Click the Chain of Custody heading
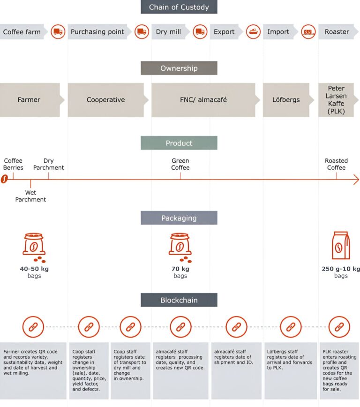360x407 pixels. point(179,7)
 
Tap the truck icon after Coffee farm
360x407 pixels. point(58,32)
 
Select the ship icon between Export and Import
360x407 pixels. point(253,32)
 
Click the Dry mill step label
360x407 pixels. point(168,32)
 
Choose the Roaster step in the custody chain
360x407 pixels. point(337,32)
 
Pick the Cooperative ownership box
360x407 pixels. point(106,100)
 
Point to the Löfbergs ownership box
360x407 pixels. point(285,100)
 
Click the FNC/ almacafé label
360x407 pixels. point(203,100)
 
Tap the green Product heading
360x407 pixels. point(179,143)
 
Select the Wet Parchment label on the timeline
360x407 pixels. point(30,196)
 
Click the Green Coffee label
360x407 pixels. point(180,164)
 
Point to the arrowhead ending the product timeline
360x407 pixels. point(356,180)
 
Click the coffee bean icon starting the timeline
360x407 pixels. point(4,180)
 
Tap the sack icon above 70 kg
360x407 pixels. point(180,247)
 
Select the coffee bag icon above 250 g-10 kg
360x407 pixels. point(341,245)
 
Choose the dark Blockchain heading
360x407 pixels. point(179,300)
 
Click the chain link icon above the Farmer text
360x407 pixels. point(33,327)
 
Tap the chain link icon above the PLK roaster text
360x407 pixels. point(337,327)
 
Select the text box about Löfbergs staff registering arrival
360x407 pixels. point(291,370)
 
